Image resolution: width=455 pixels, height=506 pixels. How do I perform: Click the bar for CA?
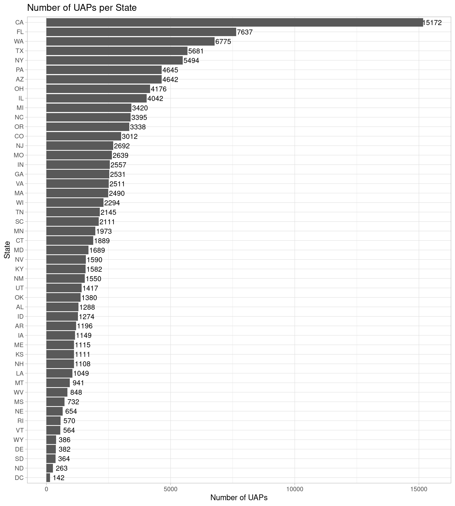point(234,22)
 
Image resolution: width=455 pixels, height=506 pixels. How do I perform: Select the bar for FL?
point(141,32)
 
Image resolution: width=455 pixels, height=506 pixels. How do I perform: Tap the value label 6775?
point(223,42)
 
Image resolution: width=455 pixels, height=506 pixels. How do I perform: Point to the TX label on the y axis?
point(19,51)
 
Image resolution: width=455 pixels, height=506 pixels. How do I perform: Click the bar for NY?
point(114,60)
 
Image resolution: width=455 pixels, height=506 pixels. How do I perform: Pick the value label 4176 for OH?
point(159,89)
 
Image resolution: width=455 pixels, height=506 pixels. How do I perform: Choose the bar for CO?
point(83,136)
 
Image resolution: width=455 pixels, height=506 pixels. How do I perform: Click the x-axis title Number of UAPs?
point(239,498)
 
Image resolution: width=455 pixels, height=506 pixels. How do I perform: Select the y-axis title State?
point(7,250)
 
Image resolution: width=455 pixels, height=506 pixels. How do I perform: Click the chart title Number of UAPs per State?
point(82,8)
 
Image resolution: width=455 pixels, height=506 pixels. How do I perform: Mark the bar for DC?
point(48,478)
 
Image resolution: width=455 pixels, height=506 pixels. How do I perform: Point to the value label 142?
point(58,478)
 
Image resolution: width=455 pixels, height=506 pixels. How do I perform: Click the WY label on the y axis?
point(18,440)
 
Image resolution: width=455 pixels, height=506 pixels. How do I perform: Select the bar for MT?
point(58,383)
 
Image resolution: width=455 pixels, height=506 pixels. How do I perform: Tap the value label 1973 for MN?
point(104,231)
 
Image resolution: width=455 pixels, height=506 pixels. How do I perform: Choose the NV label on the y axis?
point(19,260)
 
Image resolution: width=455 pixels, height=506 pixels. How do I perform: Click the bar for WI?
point(75,203)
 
